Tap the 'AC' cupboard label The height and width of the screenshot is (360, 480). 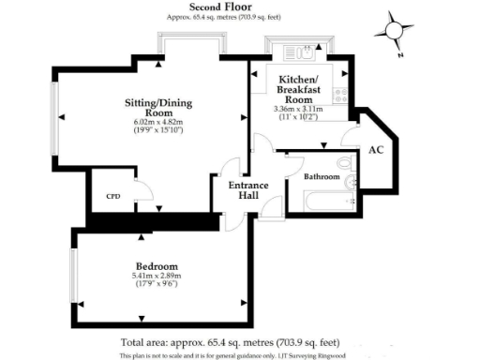pos(375,150)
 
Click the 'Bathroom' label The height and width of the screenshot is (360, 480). pos(321,176)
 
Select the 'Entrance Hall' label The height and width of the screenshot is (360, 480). pos(248,191)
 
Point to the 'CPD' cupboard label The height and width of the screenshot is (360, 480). pos(113,196)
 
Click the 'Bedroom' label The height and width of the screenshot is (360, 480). pos(156,266)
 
